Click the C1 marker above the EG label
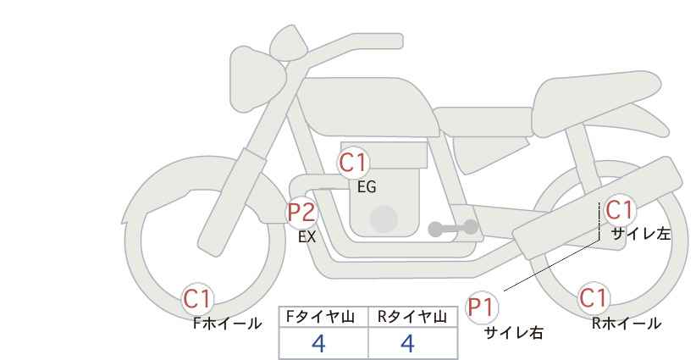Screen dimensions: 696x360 [x=353, y=163]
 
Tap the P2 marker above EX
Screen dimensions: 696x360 [x=302, y=213]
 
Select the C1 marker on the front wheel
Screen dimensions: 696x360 [x=197, y=299]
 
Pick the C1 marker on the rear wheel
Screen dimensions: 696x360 [x=594, y=298]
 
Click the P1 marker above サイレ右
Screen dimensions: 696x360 [x=482, y=307]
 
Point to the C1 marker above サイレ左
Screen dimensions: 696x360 [x=620, y=210]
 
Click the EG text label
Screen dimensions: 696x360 [x=367, y=187]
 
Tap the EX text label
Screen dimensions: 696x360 [x=307, y=237]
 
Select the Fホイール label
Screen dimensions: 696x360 [x=227, y=324]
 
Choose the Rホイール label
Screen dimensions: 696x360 [x=627, y=324]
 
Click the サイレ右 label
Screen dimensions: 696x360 [x=514, y=333]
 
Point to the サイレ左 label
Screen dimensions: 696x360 [x=641, y=234]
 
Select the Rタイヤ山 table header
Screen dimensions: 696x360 [x=412, y=317]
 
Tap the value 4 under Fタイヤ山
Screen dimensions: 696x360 [x=318, y=343]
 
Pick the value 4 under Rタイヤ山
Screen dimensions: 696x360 [x=407, y=343]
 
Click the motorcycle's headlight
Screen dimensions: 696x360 [x=255, y=79]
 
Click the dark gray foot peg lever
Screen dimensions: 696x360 [x=453, y=228]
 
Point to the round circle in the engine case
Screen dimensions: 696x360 [x=384, y=219]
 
